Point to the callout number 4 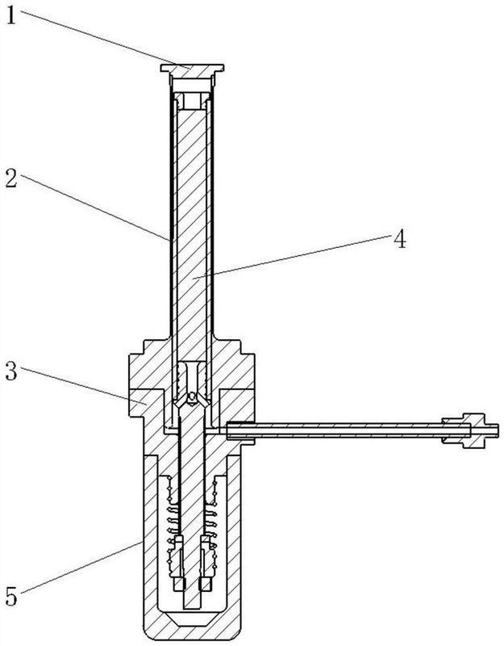[399, 238]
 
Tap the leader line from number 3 [83, 386]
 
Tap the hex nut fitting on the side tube [463, 430]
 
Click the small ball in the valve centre [191, 397]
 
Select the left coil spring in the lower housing [172, 527]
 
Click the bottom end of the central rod [191, 608]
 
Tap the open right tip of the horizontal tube [498, 430]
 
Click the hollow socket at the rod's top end [192, 102]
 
